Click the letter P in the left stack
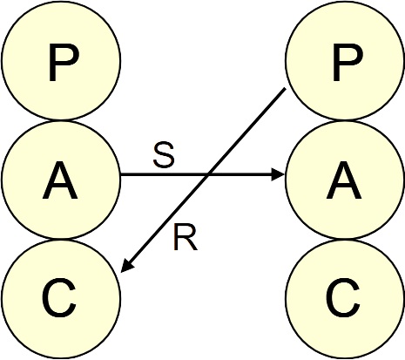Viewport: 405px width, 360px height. coord(64,63)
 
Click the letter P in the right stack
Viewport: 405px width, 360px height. coord(348,63)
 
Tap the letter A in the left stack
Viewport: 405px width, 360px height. coord(60,180)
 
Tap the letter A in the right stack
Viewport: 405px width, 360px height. coord(344,180)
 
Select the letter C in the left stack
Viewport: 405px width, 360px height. coord(59,297)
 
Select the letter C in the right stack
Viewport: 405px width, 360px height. coord(343,297)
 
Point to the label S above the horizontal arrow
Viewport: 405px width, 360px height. coord(164,156)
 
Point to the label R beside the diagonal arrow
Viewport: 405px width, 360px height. coord(186,237)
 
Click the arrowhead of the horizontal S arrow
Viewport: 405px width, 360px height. coord(278,174)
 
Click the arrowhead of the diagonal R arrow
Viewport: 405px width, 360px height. coord(126,266)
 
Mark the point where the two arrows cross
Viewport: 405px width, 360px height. coord(208,174)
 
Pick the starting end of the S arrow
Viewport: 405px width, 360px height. coord(121,174)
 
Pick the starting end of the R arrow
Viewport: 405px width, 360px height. coord(286,88)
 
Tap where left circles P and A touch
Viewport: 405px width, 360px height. coord(61,120)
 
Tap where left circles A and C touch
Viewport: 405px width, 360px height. coord(61,239)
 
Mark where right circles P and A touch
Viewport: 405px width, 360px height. coord(345,120)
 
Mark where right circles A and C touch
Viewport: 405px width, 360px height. coord(345,239)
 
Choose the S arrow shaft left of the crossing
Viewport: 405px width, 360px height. coord(165,174)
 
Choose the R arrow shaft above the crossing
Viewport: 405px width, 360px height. coord(247,132)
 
